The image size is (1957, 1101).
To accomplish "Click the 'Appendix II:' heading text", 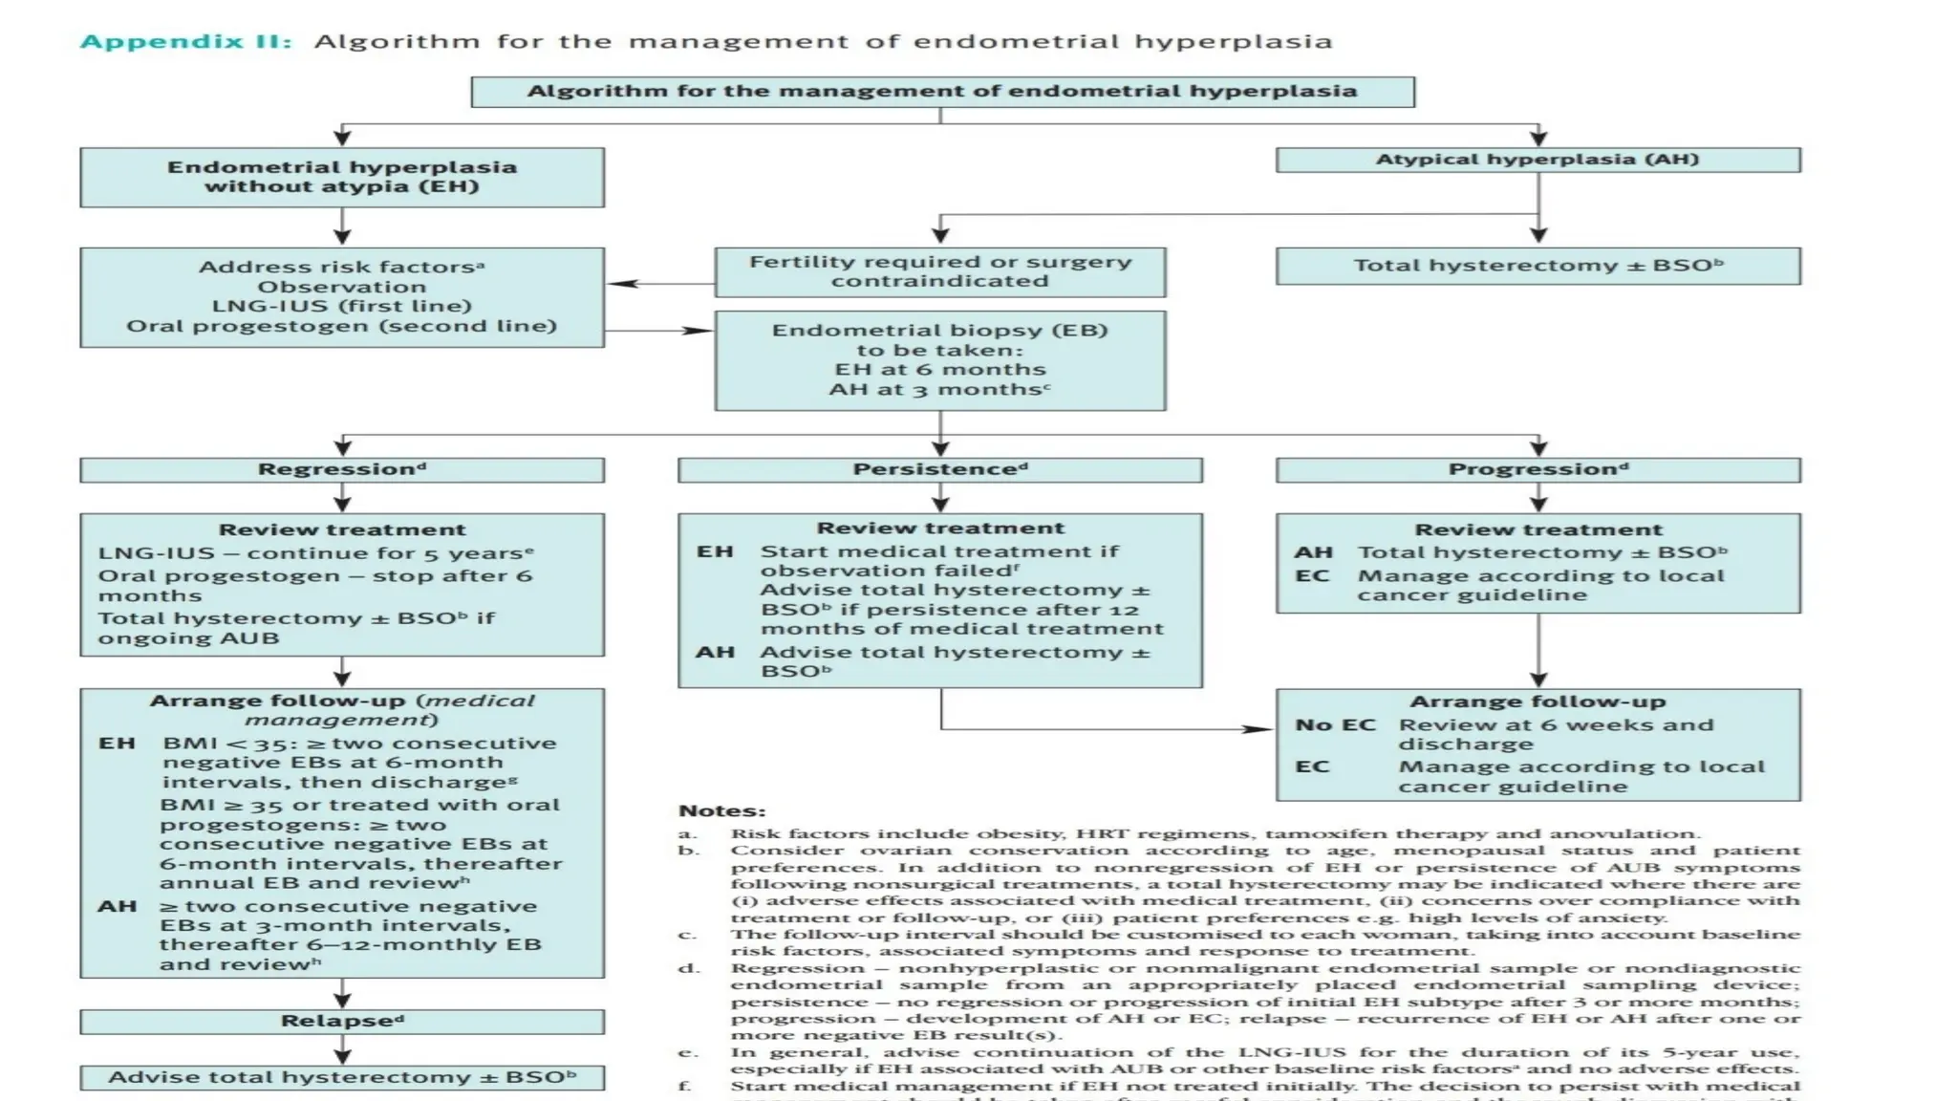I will (x=185, y=41).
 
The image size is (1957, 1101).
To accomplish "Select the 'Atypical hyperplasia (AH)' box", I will (x=1538, y=160).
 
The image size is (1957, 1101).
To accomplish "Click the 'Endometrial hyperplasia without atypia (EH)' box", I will (x=342, y=177).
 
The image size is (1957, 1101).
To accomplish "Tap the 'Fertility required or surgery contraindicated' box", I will (x=939, y=271).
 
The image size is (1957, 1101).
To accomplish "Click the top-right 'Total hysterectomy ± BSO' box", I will (x=1538, y=266).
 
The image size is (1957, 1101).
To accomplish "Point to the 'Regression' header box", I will (x=342, y=469).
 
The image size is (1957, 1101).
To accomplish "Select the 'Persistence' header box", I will (x=939, y=469).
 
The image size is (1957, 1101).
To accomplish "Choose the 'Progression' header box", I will (x=1538, y=469).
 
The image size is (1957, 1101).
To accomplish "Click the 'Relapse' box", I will (x=342, y=1021).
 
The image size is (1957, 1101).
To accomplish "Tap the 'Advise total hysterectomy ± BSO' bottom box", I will (x=342, y=1077).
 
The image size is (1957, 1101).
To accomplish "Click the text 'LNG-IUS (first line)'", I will (x=342, y=306).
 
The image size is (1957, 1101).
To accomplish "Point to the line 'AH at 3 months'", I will (x=939, y=389).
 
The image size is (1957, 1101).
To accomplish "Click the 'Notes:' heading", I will (x=721, y=810).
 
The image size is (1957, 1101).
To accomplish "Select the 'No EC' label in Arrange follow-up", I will (x=1334, y=724).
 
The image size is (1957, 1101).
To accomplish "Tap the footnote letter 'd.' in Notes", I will (x=688, y=968).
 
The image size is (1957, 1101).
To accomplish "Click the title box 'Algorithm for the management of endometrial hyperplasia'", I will (x=942, y=92).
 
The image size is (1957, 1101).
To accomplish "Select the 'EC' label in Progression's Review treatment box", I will (x=1312, y=575).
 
